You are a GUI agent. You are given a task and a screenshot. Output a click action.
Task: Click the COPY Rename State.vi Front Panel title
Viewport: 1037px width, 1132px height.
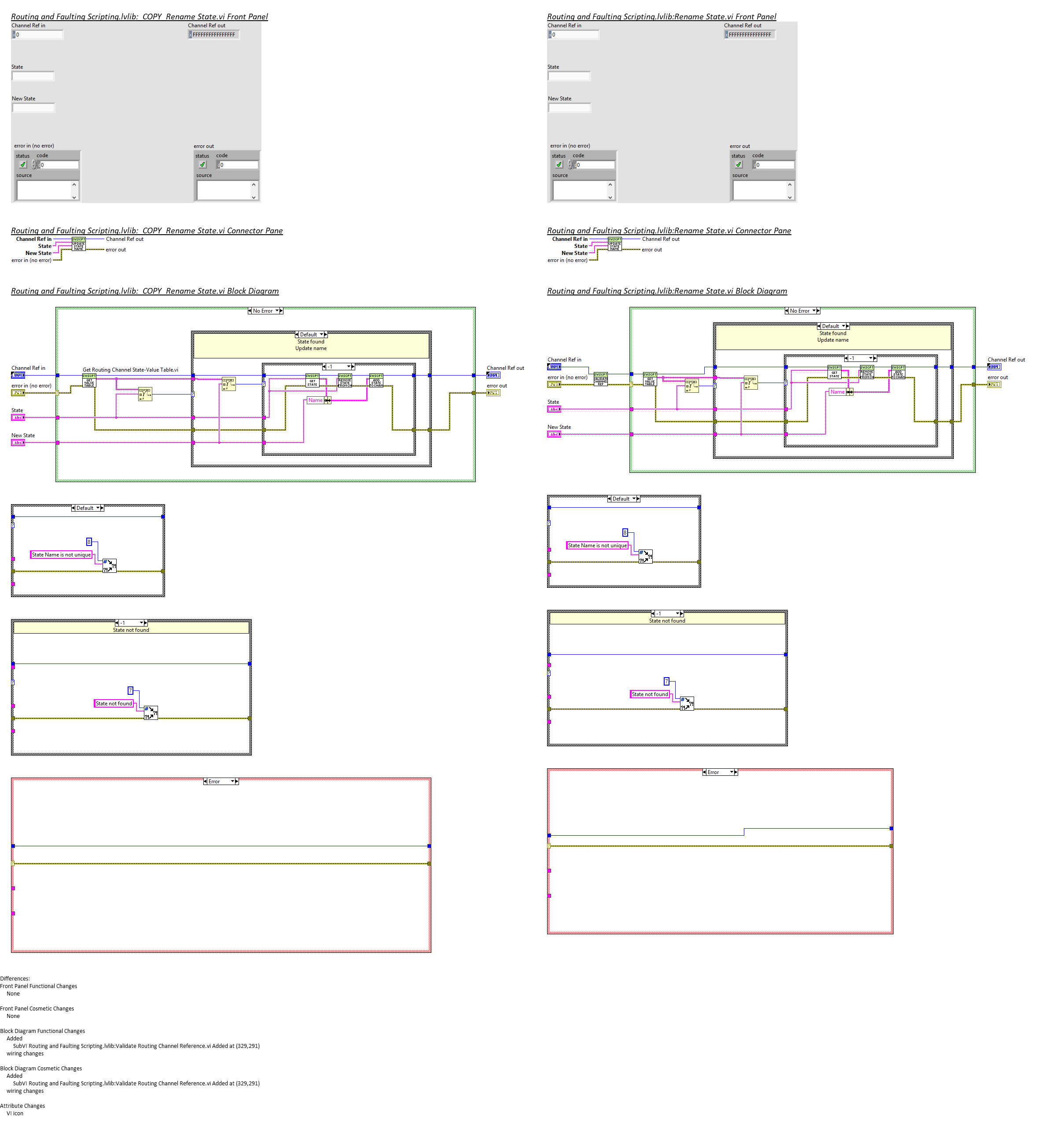coord(139,17)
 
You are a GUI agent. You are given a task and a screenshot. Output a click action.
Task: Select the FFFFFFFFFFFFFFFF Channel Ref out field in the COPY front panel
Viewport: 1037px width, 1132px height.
coord(214,35)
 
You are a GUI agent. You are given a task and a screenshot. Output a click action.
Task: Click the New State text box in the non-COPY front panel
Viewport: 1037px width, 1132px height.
coord(569,108)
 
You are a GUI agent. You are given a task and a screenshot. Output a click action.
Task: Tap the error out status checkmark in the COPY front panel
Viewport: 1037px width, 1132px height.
coord(202,165)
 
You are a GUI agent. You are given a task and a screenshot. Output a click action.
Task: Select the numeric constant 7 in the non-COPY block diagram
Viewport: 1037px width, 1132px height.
coord(666,681)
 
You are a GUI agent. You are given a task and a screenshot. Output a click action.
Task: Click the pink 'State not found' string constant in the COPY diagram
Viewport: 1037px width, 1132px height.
coord(114,704)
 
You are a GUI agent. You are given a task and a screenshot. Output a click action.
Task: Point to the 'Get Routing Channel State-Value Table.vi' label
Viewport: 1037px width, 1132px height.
coord(130,370)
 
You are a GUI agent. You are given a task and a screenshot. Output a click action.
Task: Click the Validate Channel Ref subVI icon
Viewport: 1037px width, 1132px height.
coord(601,379)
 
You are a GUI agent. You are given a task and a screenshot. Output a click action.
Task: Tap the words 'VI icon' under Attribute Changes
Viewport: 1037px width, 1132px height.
coord(15,1114)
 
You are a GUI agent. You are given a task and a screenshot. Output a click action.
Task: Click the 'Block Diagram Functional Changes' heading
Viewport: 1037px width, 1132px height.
coord(43,1031)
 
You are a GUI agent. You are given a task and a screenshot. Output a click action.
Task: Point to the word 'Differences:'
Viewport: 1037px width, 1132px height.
coord(15,979)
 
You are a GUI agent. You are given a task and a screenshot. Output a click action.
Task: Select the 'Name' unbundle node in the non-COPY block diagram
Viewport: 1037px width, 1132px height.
coord(838,392)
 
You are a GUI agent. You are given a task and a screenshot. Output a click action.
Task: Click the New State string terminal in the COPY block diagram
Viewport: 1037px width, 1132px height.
coord(18,443)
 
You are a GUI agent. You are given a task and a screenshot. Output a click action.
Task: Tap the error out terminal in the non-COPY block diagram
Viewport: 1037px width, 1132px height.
coord(994,385)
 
